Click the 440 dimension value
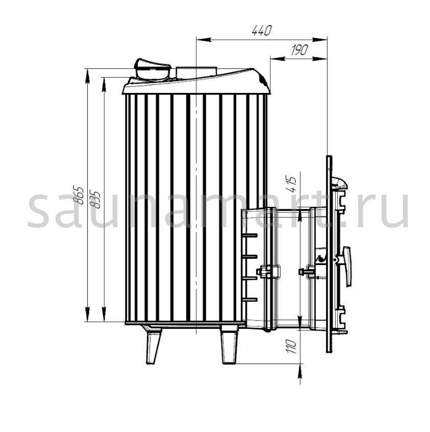click(x=262, y=30)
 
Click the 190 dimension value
click(x=299, y=50)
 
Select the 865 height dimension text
click(x=80, y=195)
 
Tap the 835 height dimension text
click(x=96, y=199)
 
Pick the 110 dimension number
click(x=291, y=347)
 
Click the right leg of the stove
click(x=229, y=344)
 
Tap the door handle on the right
click(x=346, y=266)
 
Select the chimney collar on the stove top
click(x=196, y=71)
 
